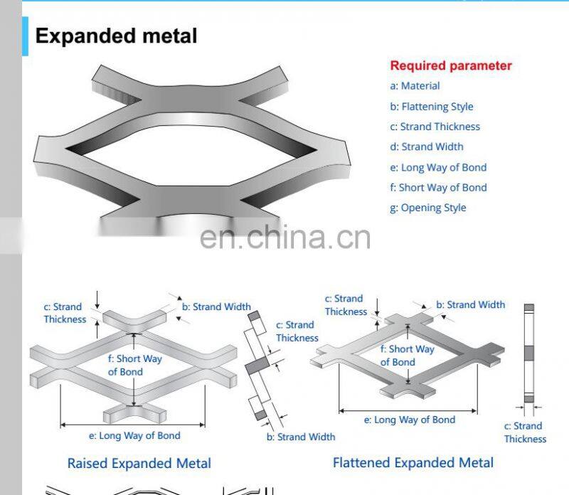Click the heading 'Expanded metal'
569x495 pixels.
tap(116, 36)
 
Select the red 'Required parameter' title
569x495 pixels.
tap(450, 65)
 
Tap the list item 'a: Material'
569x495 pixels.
tap(415, 86)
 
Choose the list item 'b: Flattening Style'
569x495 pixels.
tap(431, 107)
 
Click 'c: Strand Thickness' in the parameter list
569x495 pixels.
tap(435, 127)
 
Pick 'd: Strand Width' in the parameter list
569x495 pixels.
tap(426, 147)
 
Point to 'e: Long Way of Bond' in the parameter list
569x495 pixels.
tap(438, 167)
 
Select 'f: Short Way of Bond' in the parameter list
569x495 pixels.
tap(438, 188)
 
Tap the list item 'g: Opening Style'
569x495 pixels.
tap(427, 208)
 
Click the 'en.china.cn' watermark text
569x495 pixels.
tap(284, 237)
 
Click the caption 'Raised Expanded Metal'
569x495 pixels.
tap(139, 463)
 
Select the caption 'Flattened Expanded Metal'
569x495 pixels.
tap(413, 462)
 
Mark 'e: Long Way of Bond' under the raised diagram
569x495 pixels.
tap(134, 436)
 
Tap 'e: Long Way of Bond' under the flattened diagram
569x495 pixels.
tap(410, 420)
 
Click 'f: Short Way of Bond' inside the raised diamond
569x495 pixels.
tap(134, 365)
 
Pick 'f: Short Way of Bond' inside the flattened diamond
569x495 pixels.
tap(407, 356)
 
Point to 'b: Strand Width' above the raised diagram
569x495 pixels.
tap(216, 307)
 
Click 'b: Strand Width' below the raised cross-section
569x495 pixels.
tap(301, 437)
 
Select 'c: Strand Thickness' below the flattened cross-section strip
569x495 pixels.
tap(525, 432)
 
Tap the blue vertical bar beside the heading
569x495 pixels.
tap(26, 36)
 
